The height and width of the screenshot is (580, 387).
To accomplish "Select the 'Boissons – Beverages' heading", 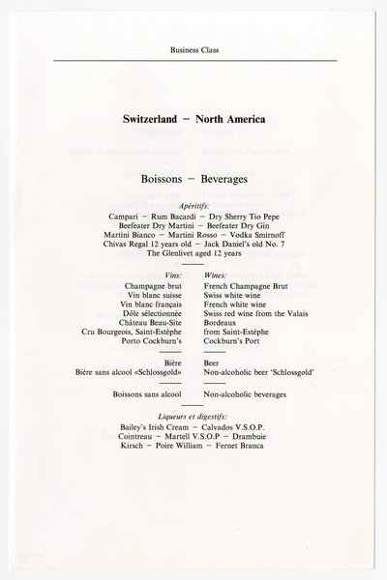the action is (193, 180).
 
